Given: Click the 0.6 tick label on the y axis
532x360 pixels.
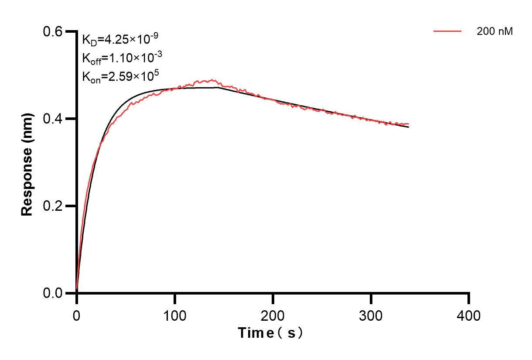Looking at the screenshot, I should pos(53,31).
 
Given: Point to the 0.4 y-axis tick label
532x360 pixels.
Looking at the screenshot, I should pos(53,119).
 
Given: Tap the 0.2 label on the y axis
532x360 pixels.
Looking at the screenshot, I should pos(53,206).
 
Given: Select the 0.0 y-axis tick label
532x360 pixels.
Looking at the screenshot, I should pos(53,293).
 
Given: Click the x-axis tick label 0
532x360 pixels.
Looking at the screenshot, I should pos(77,315).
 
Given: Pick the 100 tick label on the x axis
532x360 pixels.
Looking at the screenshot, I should pos(174,315).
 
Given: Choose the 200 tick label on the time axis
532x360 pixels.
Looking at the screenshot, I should pos(273,315).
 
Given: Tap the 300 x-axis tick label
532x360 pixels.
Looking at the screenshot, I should pos(371,315).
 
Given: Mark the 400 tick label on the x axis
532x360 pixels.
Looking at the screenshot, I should pos(469,315).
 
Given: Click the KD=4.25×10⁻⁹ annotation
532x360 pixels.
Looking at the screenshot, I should pos(120,40).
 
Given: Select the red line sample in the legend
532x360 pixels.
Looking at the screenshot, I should pos(447,31).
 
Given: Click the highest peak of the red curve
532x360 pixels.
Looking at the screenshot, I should pos(212,80).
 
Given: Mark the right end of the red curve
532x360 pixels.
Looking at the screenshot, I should pos(409,124).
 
